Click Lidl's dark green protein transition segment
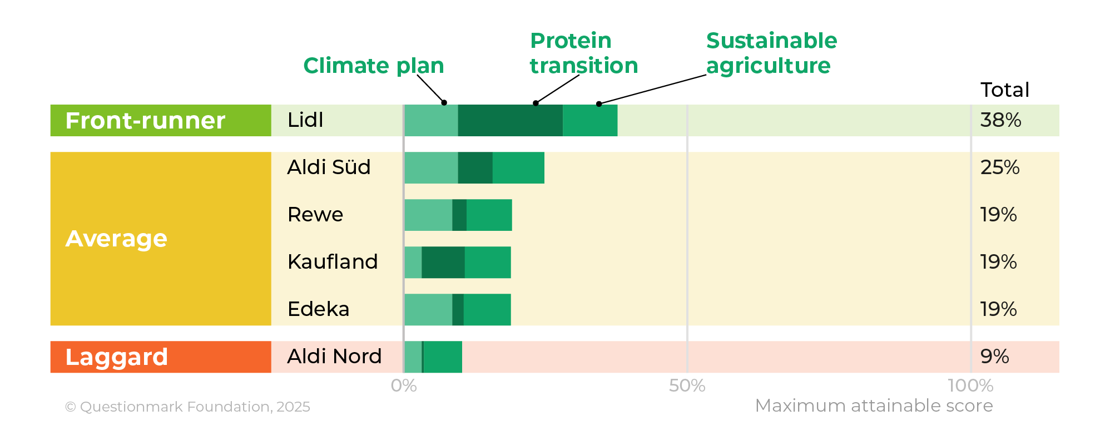[510, 120]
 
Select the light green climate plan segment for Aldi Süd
[431, 167]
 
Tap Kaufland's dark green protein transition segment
[443, 262]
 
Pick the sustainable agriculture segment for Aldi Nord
[443, 357]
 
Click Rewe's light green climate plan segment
[428, 215]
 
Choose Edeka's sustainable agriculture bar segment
[487, 309]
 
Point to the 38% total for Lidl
[1000, 120]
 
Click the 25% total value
[1000, 167]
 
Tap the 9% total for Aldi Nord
[994, 357]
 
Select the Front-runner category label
[145, 121]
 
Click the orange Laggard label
[117, 357]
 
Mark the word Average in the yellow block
[116, 239]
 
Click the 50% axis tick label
[687, 385]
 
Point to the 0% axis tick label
[404, 385]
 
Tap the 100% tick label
[970, 385]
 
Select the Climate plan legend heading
[374, 66]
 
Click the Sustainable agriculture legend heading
[771, 53]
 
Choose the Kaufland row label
[333, 262]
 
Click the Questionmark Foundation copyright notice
[187, 407]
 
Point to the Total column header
[1004, 90]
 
